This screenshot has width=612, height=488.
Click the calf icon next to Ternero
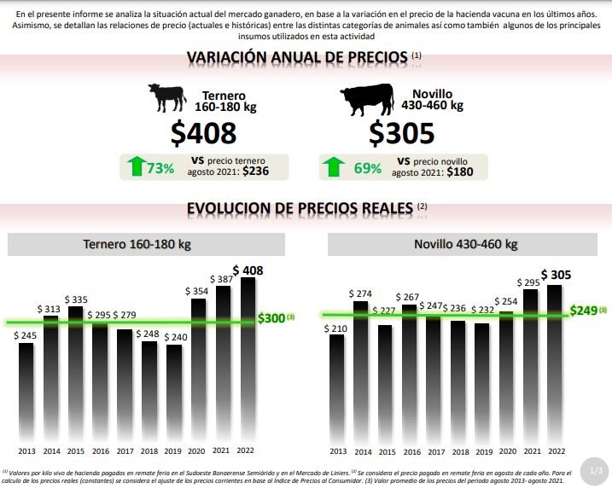point(166,96)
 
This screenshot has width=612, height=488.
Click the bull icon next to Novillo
point(367,100)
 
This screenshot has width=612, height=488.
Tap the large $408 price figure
point(203,133)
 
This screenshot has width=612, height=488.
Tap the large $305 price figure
point(402,133)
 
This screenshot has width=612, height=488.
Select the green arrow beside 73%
point(134,166)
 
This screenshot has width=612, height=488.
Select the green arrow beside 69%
point(335,166)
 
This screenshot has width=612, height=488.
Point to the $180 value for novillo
point(462,171)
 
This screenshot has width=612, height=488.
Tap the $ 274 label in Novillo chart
point(361,293)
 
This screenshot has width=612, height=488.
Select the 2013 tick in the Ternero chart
point(27,450)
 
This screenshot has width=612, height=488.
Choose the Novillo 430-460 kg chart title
point(465,244)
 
